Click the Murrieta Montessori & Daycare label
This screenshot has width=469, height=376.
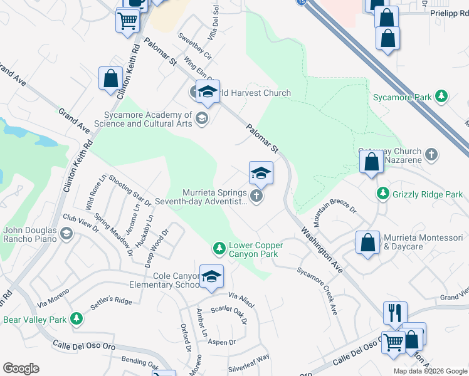[x=423, y=242]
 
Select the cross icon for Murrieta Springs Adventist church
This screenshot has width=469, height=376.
[x=256, y=197]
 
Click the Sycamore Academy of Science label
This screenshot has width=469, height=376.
[x=143, y=119]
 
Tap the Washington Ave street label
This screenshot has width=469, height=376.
[x=321, y=249]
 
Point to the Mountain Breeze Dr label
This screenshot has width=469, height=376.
[x=335, y=216]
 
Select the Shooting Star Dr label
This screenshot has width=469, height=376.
[x=130, y=190]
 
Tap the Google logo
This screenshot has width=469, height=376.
[x=21, y=368]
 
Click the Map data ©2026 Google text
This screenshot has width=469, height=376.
[x=431, y=371]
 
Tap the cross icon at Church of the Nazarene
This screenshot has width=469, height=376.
[x=431, y=154]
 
